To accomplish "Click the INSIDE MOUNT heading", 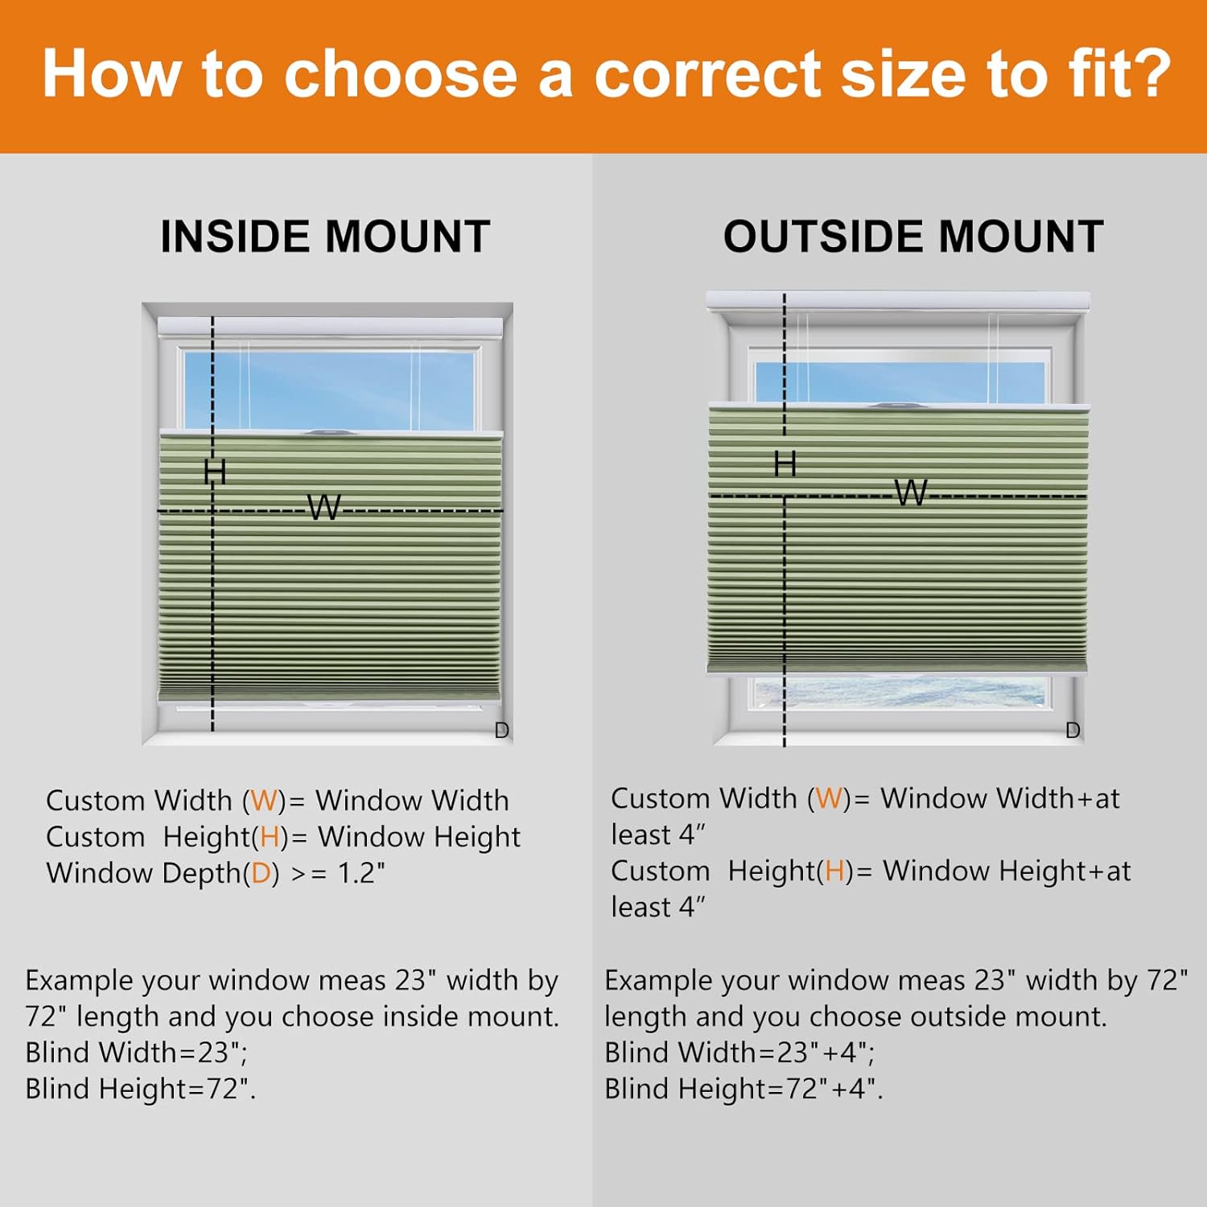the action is [325, 237].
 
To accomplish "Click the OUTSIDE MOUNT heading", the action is [913, 237].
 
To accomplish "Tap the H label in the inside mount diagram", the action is [215, 472].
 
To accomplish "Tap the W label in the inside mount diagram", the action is [324, 508].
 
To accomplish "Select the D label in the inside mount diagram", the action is [501, 731].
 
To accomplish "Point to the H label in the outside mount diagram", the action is [785, 464].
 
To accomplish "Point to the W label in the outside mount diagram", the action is [912, 492].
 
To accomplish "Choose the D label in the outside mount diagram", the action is [1073, 731].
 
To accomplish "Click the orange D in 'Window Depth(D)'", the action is [261, 873].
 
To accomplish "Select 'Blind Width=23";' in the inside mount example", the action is [137, 1053].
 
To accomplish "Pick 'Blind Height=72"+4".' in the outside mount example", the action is [744, 1089].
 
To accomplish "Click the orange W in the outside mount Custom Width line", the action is [829, 798].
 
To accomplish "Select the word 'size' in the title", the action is [903, 74].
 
